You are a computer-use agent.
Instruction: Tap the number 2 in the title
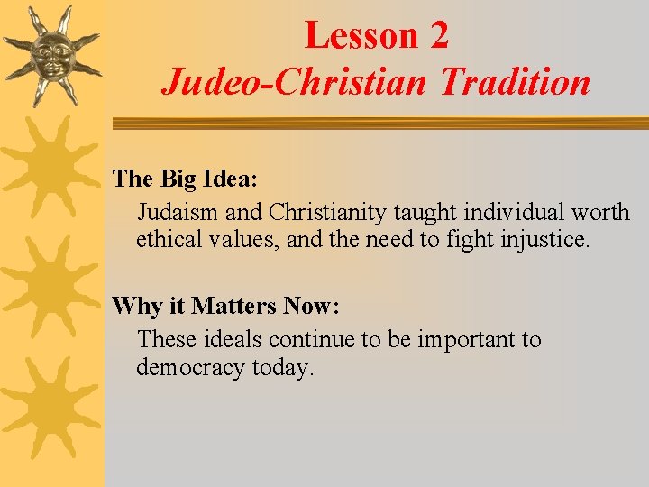click(x=438, y=36)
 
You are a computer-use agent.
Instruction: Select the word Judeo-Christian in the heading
click(x=297, y=83)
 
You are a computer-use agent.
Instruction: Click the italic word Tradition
click(x=515, y=83)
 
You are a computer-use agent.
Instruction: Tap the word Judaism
click(x=178, y=213)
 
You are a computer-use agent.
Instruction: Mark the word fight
click(x=469, y=241)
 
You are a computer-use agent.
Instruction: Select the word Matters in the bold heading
click(x=233, y=306)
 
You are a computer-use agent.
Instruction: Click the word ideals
click(x=235, y=340)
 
